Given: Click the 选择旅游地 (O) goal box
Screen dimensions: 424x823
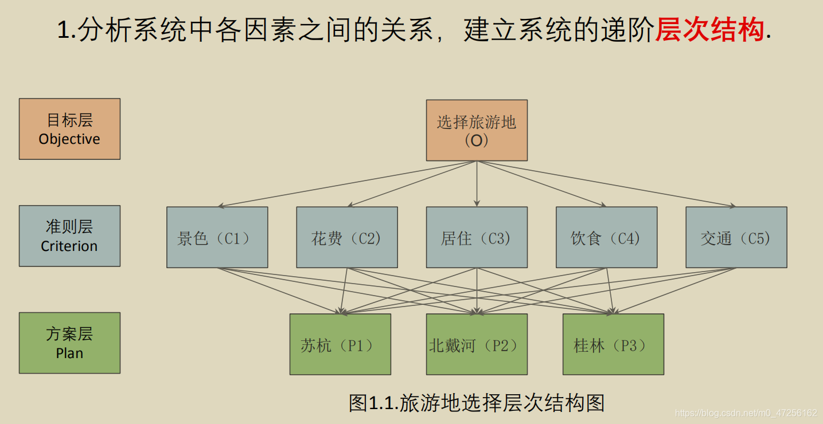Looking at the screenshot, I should pyautogui.click(x=477, y=130).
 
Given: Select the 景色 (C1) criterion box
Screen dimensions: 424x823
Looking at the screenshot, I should pyautogui.click(x=217, y=237).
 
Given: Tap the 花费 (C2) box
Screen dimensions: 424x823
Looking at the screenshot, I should pyautogui.click(x=346, y=237).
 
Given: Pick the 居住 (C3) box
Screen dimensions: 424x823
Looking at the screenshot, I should pyautogui.click(x=477, y=237).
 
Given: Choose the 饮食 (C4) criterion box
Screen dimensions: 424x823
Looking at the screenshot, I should pyautogui.click(x=606, y=237).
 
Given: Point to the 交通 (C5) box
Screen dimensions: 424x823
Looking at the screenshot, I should pyautogui.click(x=736, y=237).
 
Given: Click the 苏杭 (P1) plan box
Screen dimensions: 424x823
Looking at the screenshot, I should pyautogui.click(x=340, y=344).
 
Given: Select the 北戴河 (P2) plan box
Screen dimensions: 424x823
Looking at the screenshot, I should pyautogui.click(x=477, y=344).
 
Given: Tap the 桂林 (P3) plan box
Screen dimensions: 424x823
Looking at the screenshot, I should pyautogui.click(x=613, y=344).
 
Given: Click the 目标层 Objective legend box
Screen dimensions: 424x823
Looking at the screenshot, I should pyautogui.click(x=69, y=129).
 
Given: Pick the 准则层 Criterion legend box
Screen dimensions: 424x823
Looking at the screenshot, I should pyautogui.click(x=69, y=236).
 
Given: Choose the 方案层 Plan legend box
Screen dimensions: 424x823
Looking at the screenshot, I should pyautogui.click(x=69, y=343).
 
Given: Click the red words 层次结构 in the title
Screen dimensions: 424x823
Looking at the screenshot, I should pyautogui.click(x=709, y=30).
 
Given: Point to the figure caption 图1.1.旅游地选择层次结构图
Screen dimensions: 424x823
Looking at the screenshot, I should pyautogui.click(x=477, y=403).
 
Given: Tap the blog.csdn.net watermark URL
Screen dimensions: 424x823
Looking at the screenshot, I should pyautogui.click(x=746, y=413).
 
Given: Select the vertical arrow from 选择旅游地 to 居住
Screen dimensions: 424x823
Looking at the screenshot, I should pyautogui.click(x=477, y=183).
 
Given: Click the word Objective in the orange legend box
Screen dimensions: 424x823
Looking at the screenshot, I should pyautogui.click(x=69, y=139).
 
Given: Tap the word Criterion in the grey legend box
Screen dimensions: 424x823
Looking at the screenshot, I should pyautogui.click(x=69, y=246).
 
